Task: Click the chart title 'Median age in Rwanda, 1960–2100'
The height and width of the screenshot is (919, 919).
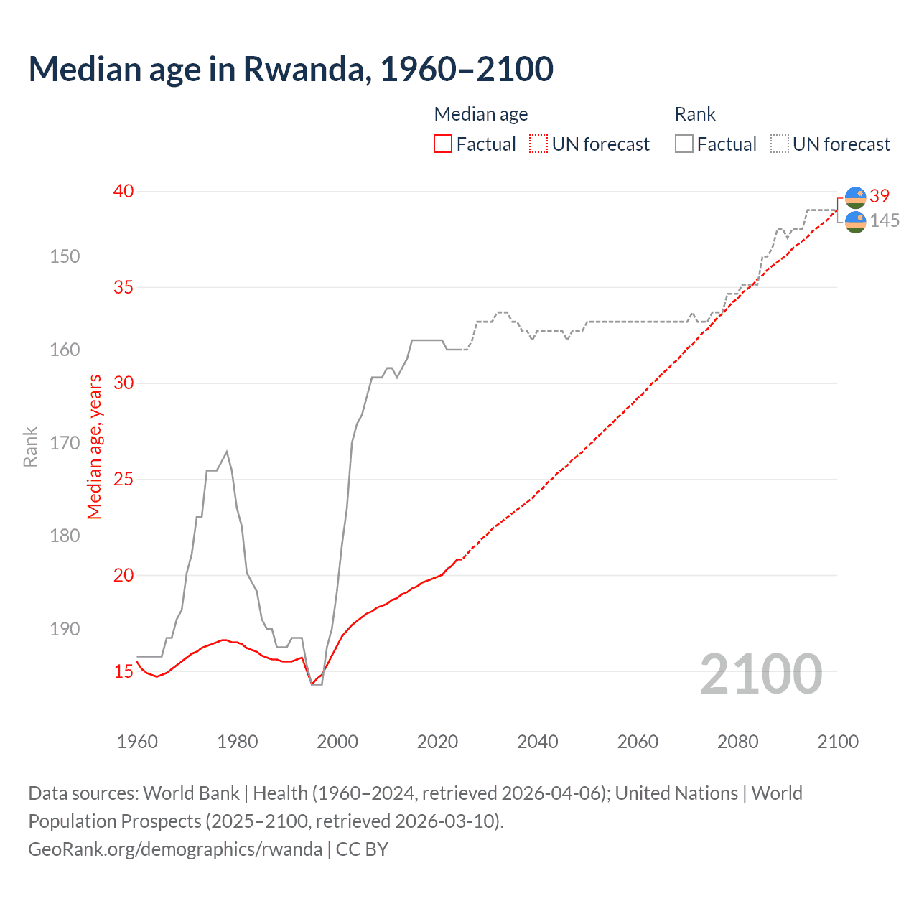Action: tap(291, 69)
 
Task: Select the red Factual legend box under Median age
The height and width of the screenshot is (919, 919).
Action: tap(443, 144)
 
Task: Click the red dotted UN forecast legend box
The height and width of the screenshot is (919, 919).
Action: tap(538, 144)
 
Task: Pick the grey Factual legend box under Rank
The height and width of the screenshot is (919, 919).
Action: tap(684, 144)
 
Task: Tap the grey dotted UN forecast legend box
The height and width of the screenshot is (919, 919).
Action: tap(780, 144)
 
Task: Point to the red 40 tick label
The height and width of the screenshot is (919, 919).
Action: tap(123, 191)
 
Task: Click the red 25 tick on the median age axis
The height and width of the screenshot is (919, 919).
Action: tap(123, 479)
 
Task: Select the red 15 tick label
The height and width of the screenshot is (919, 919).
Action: tap(123, 671)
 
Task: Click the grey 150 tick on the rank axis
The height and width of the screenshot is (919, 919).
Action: tap(65, 256)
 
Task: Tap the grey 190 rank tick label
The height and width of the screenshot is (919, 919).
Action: tap(65, 629)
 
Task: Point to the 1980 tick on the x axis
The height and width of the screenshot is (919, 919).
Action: tap(238, 742)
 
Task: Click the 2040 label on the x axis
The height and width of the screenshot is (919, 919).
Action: tap(538, 742)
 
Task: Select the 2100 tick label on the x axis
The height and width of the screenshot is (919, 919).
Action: tap(837, 742)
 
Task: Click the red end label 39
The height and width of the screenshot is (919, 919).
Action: tap(880, 196)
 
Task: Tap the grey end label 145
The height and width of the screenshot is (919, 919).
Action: tap(885, 221)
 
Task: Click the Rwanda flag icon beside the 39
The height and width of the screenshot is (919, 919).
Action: tap(855, 197)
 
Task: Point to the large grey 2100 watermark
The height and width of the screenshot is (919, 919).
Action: tap(761, 674)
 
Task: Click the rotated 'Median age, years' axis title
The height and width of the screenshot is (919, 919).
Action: tap(95, 447)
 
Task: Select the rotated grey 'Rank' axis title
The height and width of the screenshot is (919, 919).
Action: tap(30, 447)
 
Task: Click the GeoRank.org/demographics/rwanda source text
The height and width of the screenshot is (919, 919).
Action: tap(175, 849)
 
